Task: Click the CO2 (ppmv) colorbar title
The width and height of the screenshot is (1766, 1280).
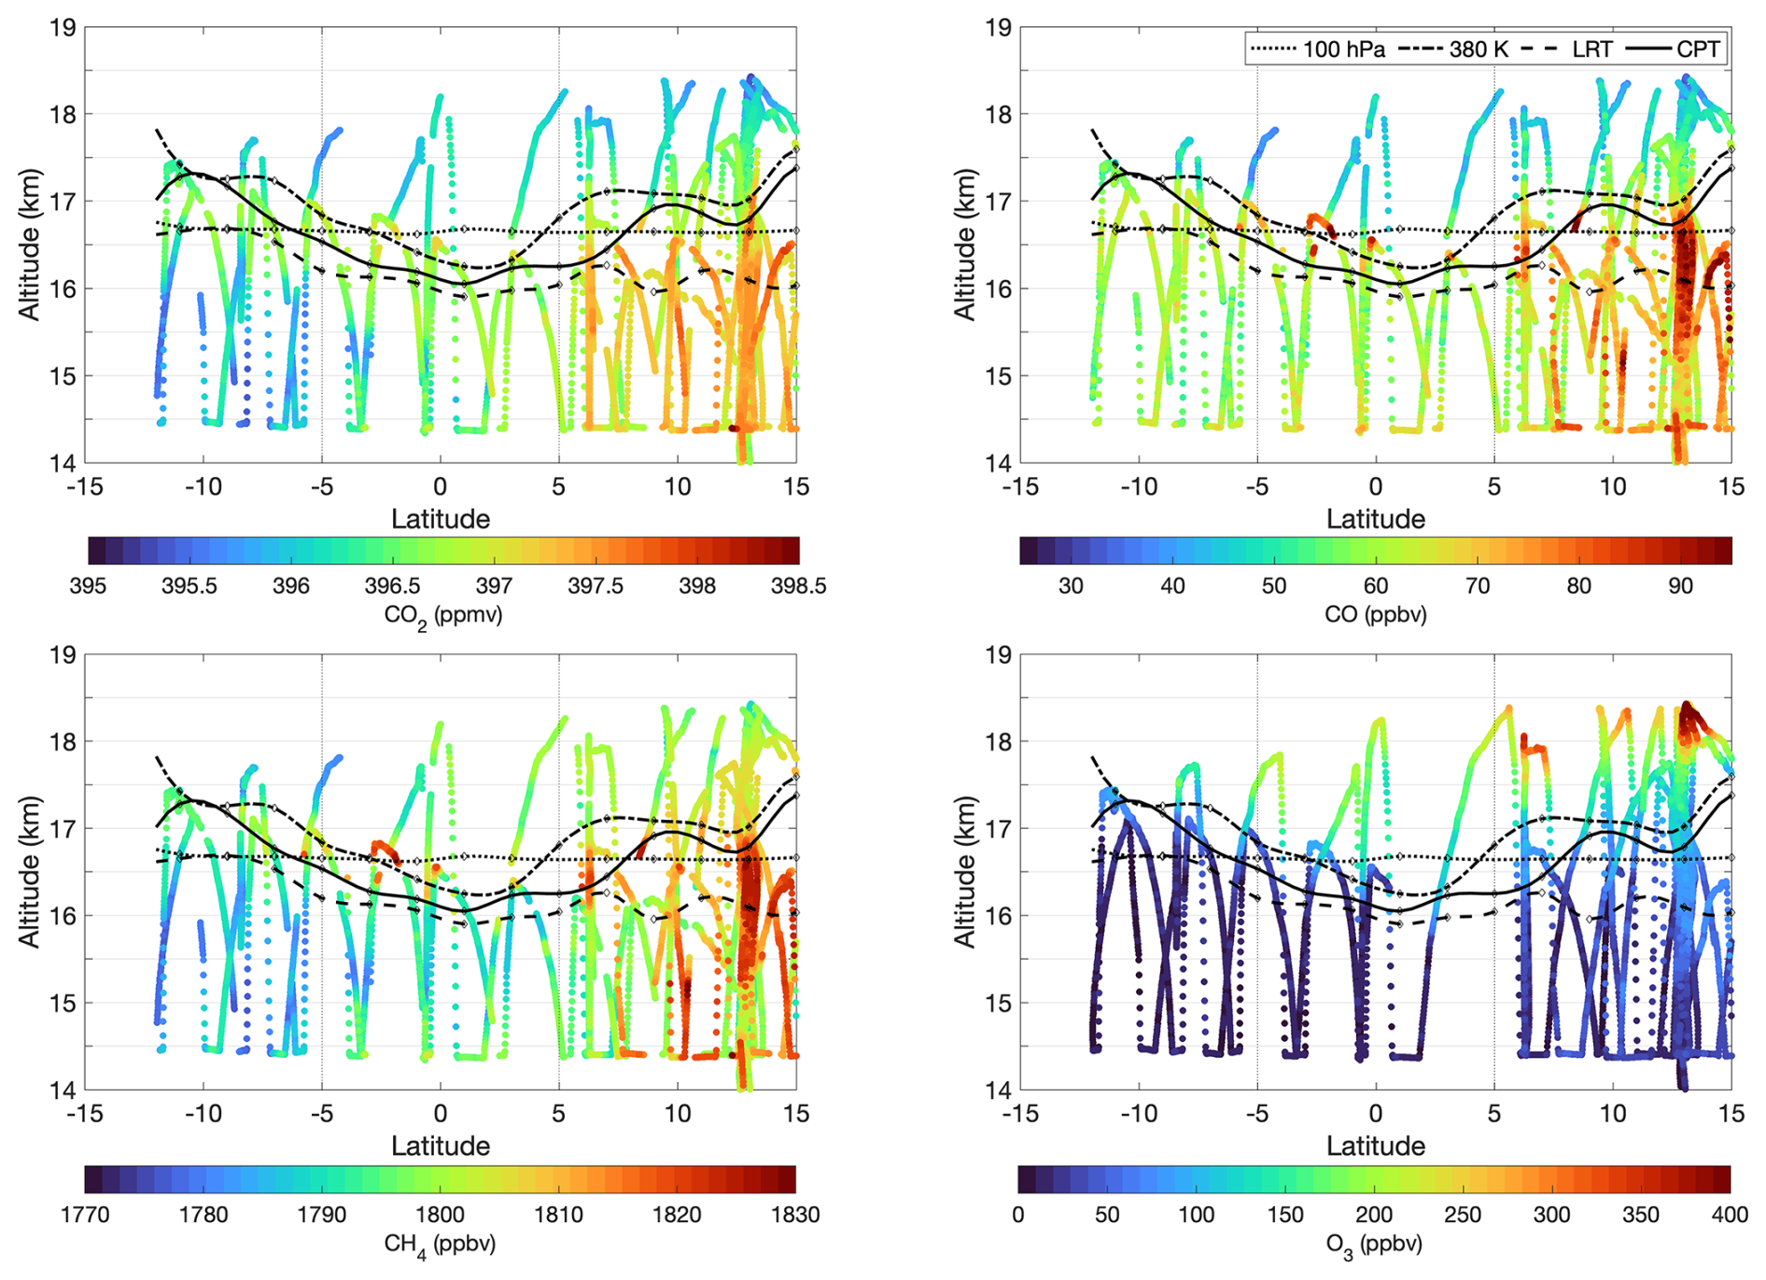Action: click(x=442, y=615)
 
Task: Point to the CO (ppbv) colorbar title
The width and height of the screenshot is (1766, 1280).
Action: click(x=1375, y=613)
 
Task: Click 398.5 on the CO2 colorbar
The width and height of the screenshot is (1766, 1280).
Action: click(x=798, y=585)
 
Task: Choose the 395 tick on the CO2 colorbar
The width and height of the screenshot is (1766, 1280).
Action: click(x=88, y=585)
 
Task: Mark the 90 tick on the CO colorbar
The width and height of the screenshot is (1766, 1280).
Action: click(x=1680, y=585)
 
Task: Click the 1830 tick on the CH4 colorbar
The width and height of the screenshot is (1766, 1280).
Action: click(x=795, y=1215)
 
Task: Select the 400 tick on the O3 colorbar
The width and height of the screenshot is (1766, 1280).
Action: click(x=1730, y=1215)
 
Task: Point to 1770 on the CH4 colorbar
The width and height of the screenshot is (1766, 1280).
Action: click(x=85, y=1215)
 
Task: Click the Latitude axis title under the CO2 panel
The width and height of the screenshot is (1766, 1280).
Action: click(x=441, y=519)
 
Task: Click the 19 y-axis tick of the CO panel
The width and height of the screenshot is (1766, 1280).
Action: click(x=998, y=28)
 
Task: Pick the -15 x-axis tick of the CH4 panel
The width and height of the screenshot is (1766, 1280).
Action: click(x=84, y=1114)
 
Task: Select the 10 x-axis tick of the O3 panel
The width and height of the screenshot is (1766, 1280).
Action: click(x=1612, y=1114)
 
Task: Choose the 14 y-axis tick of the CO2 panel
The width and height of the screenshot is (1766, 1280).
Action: click(x=63, y=463)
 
